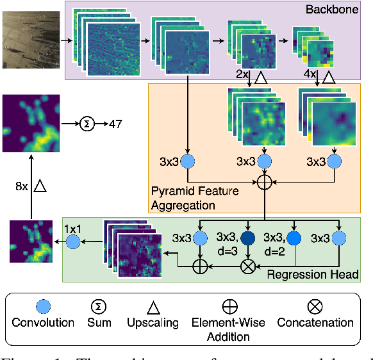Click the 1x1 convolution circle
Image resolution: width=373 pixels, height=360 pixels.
point(72,242)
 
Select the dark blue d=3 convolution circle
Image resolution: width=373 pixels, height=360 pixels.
point(247,238)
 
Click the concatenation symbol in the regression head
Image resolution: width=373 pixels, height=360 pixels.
point(247,265)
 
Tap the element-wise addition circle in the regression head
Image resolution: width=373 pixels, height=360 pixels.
point(200,265)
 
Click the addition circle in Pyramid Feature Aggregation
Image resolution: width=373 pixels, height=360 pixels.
point(264,183)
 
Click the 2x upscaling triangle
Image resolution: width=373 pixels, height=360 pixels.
point(260,79)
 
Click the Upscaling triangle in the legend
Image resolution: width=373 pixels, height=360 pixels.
point(153,306)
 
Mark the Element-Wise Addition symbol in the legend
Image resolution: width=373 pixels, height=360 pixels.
point(229,306)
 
